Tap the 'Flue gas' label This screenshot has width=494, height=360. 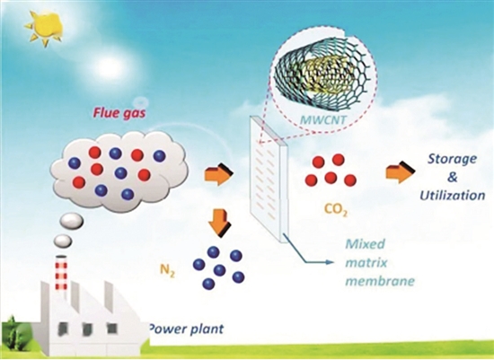coord(119,112)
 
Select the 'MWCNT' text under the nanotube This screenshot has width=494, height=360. coord(322,119)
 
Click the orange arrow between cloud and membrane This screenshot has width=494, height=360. coord(218,174)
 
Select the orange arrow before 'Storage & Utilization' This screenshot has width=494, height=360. coord(401,172)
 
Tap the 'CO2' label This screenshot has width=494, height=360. coord(336,210)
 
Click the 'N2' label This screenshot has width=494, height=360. coord(167,271)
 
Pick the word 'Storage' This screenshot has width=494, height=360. coord(452,159)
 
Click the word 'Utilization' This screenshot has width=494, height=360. coord(452,196)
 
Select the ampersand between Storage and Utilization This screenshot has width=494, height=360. coord(453,178)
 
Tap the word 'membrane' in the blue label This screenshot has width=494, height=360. coord(380,281)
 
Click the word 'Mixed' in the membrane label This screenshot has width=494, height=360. coord(366,244)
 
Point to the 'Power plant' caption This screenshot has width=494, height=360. coord(186,329)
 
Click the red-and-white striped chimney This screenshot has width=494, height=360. coord(61,272)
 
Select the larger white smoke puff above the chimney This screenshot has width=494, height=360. coord(72,221)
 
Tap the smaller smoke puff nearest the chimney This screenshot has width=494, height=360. coord(63,241)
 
